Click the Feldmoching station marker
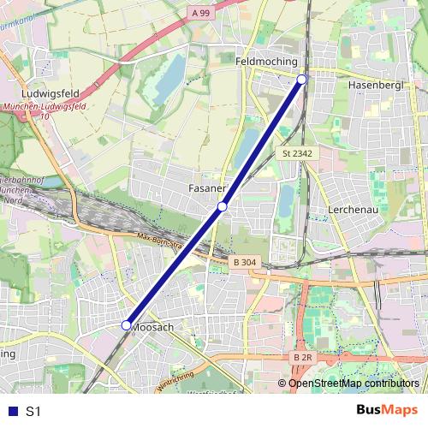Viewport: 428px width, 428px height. [x=301, y=80]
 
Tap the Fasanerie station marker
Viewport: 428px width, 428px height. [x=223, y=206]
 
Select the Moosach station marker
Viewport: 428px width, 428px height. [x=126, y=325]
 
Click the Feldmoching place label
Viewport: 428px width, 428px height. [x=266, y=62]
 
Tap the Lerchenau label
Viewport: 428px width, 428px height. [x=353, y=209]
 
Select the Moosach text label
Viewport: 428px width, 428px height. [x=155, y=328]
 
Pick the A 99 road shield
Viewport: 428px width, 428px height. [x=201, y=13]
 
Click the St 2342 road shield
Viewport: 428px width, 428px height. [x=297, y=153]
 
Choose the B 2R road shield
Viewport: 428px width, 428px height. [x=302, y=357]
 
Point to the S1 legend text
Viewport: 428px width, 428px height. [x=33, y=412]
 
